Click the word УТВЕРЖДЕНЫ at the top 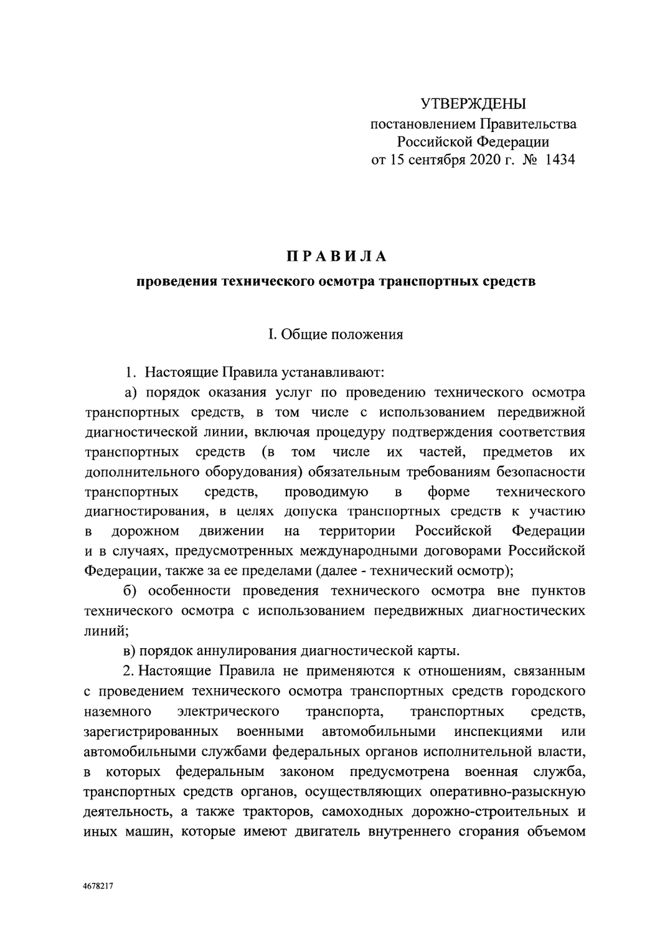(473, 103)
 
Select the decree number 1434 (559, 160)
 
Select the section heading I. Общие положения (336, 334)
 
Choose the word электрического (228, 711)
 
